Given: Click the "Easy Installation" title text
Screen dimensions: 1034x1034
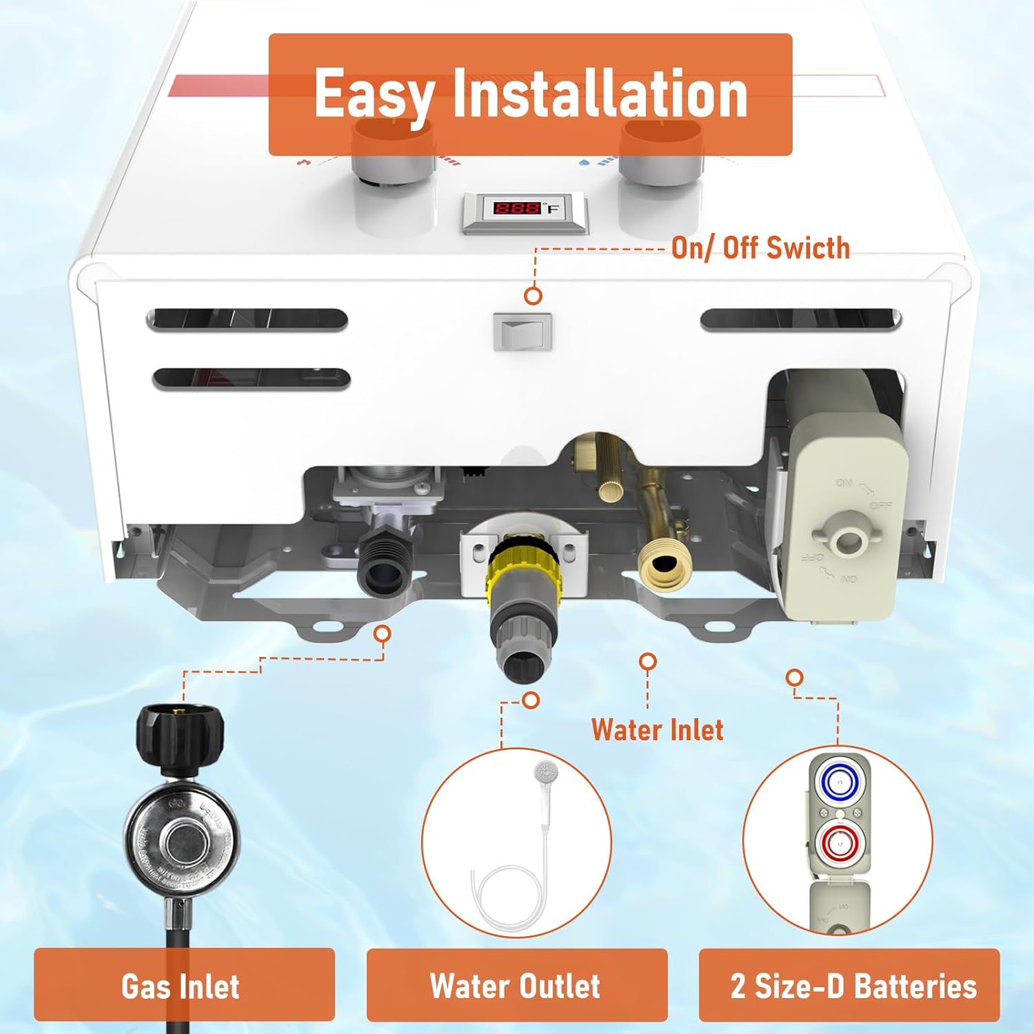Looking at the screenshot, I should click(530, 94).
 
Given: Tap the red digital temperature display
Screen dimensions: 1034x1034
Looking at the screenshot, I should click(518, 207).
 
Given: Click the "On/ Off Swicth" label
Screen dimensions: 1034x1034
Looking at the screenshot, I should click(760, 248).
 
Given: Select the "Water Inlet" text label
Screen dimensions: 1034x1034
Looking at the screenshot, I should click(657, 730).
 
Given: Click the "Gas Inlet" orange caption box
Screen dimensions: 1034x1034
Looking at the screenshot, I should click(184, 985).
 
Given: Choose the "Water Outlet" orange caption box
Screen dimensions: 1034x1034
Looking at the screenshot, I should click(516, 985).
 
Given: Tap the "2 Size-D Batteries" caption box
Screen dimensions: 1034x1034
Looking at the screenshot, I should click(849, 985).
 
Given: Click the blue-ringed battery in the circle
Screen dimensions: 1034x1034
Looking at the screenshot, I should click(839, 782).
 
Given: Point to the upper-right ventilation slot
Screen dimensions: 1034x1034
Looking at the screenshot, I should click(800, 320).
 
